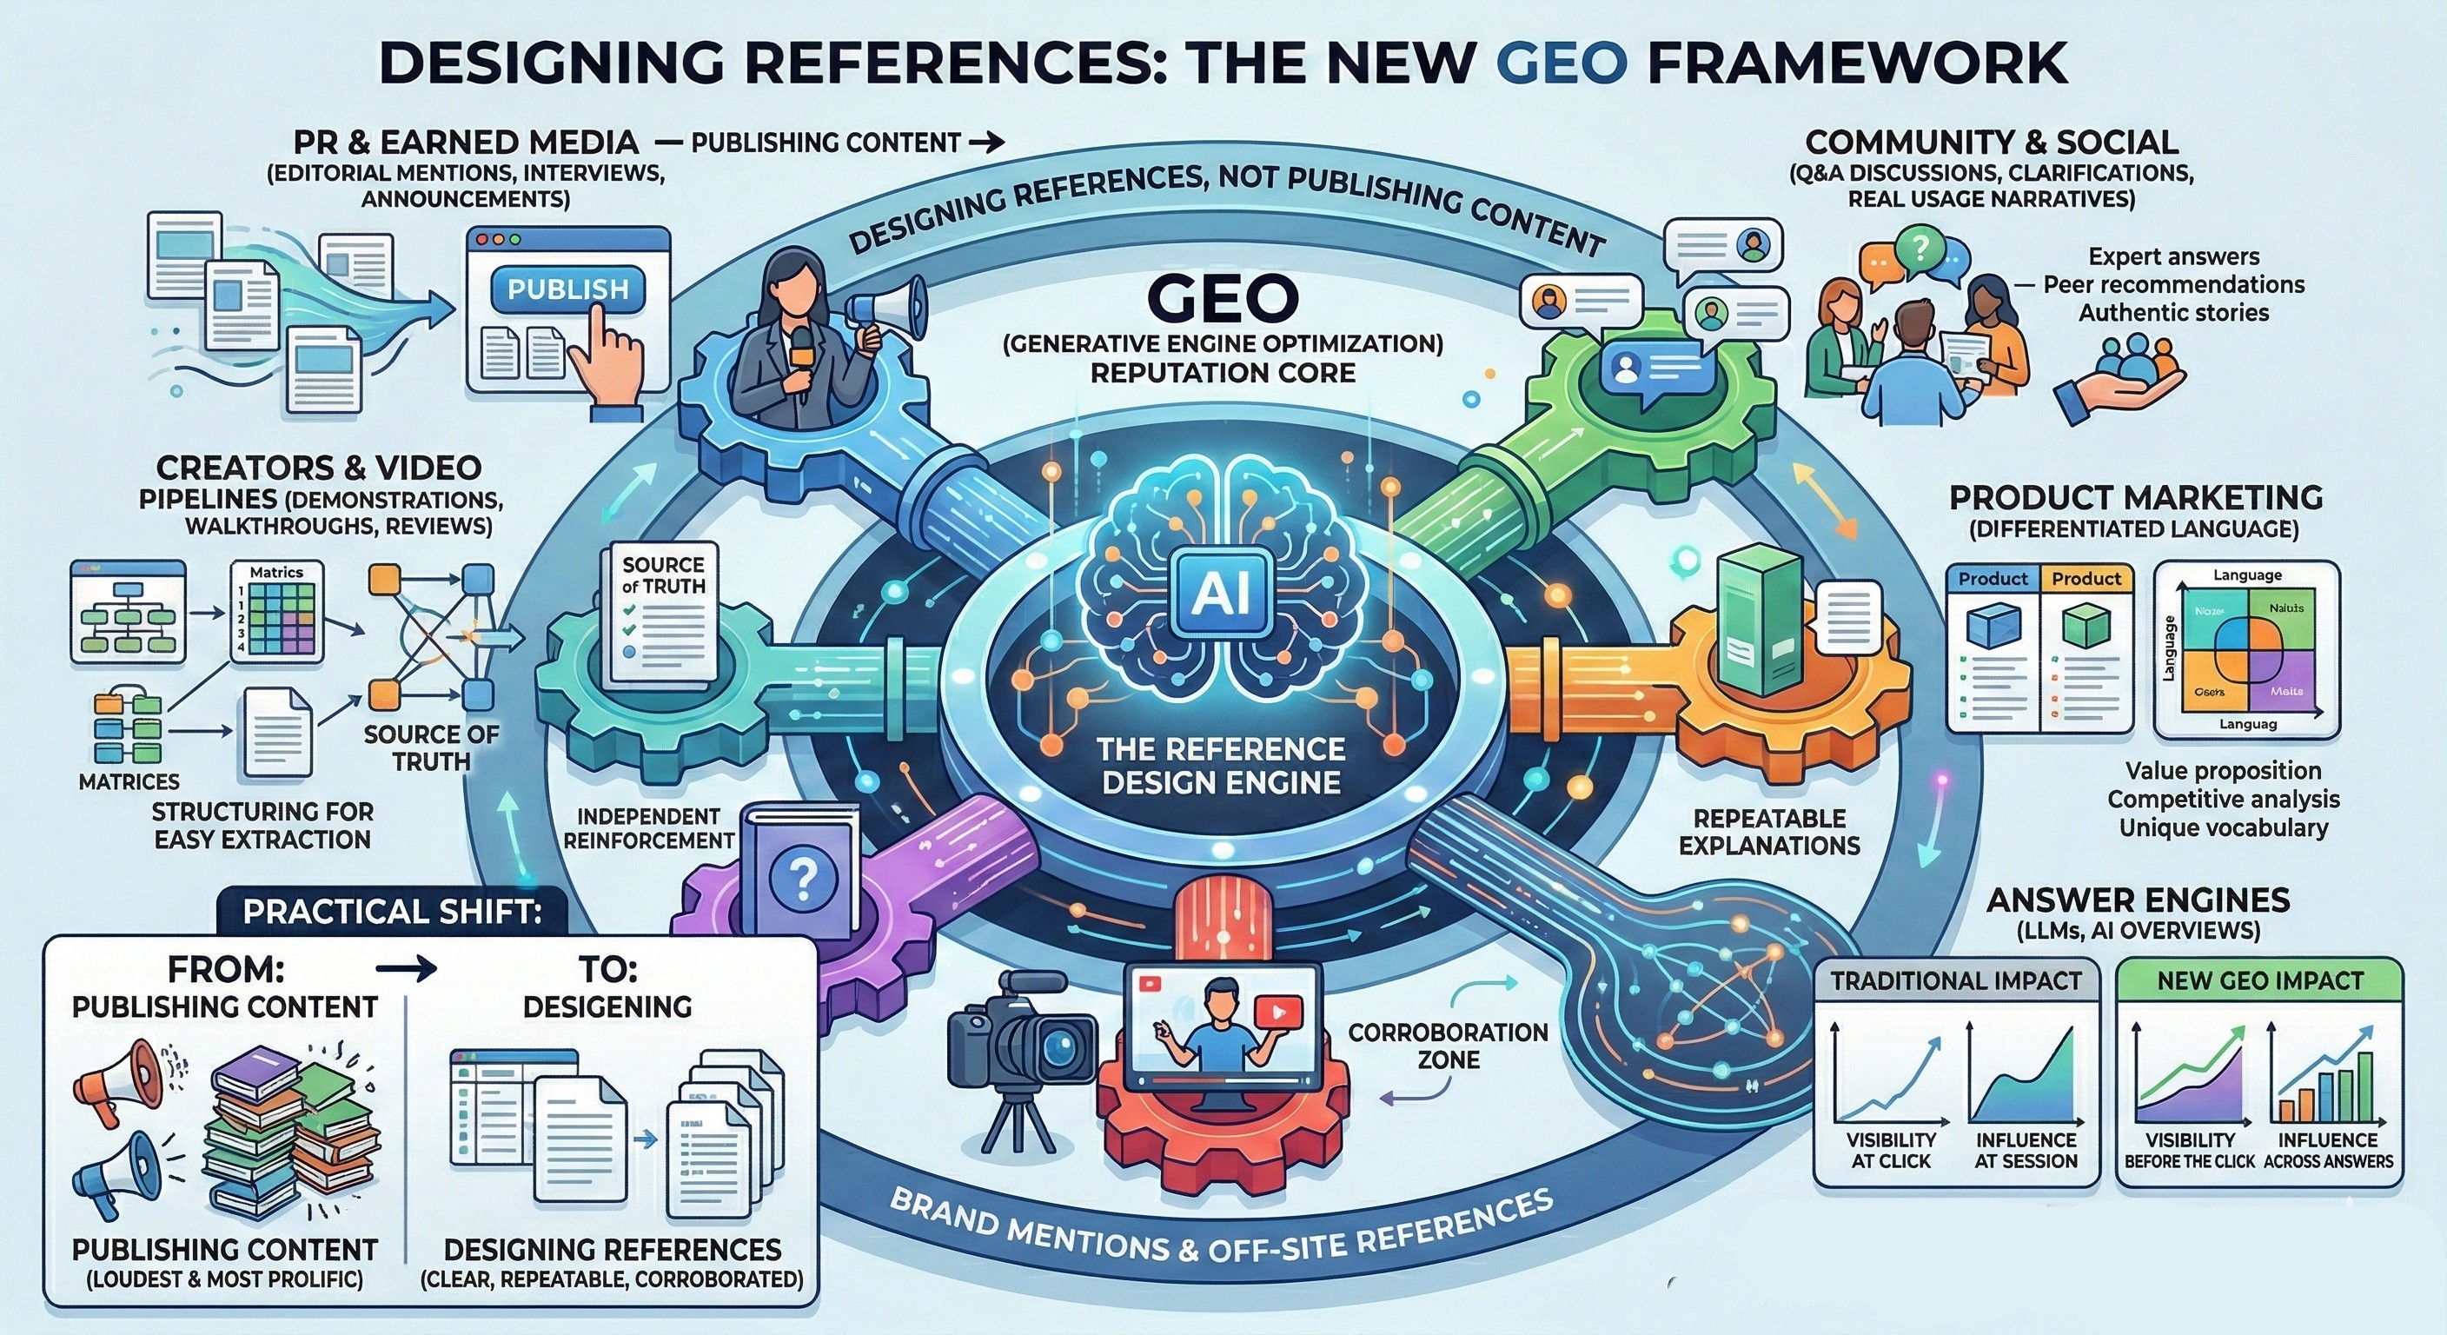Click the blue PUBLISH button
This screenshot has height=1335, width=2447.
coord(567,289)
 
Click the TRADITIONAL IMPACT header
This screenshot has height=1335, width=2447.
coord(1956,980)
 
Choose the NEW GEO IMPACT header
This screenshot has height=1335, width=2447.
coord(2260,980)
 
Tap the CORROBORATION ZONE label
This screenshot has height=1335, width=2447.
coord(1448,1046)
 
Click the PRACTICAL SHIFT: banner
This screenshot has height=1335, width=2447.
coord(392,911)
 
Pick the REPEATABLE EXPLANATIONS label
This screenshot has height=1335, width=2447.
coord(1768,832)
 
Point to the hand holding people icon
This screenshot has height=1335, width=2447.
coord(2120,375)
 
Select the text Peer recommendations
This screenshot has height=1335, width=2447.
coord(2173,284)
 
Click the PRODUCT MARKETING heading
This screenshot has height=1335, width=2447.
coord(2135,497)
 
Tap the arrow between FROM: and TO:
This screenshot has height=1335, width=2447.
coord(407,969)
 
